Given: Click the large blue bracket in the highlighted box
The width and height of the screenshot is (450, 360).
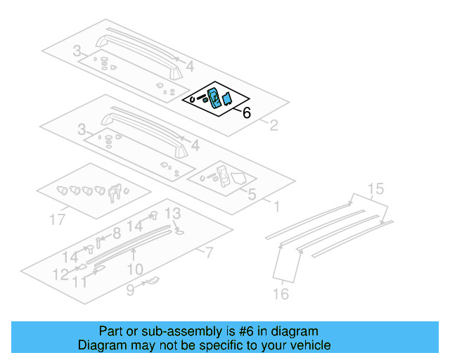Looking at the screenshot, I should [x=214, y=97].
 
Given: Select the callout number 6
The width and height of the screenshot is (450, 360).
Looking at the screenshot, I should [x=246, y=112].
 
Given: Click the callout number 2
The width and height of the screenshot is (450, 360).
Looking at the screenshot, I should [x=274, y=126].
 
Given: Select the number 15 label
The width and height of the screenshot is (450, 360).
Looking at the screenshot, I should [x=376, y=188].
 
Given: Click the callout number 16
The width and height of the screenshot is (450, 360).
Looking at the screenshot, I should [x=281, y=294].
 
